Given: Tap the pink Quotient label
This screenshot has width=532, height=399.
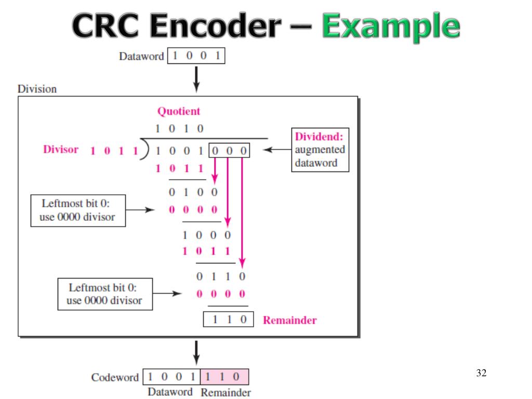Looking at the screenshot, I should [x=179, y=111].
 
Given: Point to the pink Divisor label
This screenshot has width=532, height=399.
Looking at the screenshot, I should [x=60, y=150].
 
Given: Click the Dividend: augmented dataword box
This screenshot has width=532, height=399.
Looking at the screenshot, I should [x=320, y=150].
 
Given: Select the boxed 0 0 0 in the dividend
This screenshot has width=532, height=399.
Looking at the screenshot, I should [x=229, y=151].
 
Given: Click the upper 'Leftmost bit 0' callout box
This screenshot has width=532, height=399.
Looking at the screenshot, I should [x=78, y=210].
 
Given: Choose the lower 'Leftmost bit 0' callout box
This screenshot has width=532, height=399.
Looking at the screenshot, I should [x=104, y=294].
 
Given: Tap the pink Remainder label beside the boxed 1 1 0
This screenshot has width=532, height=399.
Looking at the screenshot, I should [x=289, y=320].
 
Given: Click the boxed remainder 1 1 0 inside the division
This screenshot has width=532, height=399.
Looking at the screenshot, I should [x=228, y=320].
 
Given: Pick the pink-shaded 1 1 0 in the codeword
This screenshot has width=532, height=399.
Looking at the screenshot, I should [x=224, y=377].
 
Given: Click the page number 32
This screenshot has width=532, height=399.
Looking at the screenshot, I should [x=481, y=373].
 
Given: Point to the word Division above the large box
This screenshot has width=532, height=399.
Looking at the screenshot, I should [x=37, y=89].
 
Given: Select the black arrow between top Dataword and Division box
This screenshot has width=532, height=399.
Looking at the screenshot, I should [x=196, y=79].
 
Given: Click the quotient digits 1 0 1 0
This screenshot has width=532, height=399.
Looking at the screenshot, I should [x=179, y=128].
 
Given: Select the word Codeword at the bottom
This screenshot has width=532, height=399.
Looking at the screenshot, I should [x=115, y=377].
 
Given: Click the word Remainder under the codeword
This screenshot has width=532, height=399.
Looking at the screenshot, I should [x=225, y=392].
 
